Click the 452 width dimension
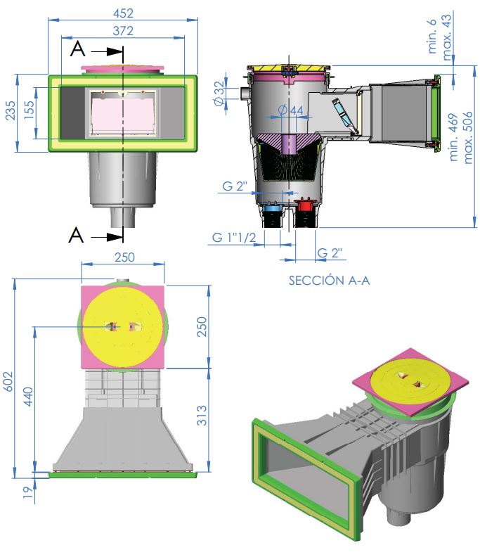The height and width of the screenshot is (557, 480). tap(123, 13)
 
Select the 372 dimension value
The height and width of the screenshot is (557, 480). tap(123, 31)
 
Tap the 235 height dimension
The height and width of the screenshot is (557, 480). tap(11, 110)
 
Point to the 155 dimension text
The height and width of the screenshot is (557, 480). tap(29, 110)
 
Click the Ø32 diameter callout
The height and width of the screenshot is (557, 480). tap(219, 93)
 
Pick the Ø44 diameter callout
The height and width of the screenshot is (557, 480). tap(290, 110)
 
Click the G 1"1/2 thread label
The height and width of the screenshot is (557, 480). tap(234, 237)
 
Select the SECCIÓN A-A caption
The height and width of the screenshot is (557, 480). tap(329, 281)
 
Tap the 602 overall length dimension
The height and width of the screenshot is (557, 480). tap(8, 381)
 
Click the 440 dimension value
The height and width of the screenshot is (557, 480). tap(27, 397)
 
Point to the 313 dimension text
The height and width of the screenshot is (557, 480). tap(201, 415)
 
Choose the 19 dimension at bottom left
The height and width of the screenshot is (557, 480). tap(27, 492)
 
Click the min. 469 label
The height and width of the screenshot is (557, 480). tap(453, 137)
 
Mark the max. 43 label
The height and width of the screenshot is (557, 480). tap(446, 37)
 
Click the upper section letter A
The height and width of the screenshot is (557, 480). tap(77, 49)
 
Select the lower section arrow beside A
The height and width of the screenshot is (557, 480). tap(106, 237)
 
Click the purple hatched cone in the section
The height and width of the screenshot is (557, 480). tap(289, 142)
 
